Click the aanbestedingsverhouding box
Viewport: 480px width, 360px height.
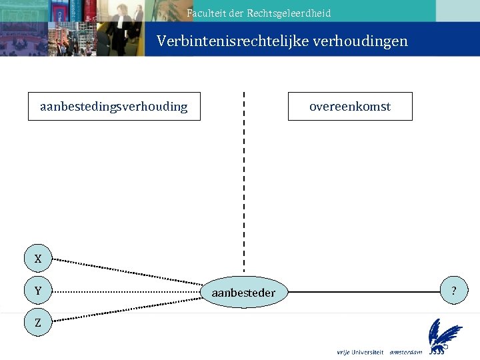point(113,107)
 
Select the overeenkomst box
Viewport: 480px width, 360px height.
point(350,107)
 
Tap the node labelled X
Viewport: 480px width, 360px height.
point(38,259)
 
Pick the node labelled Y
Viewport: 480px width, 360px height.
point(38,291)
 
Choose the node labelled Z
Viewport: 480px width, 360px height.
point(38,323)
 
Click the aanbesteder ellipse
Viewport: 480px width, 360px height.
point(243,292)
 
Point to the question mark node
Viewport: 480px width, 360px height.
point(454,291)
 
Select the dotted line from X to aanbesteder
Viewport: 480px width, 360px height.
point(127,274)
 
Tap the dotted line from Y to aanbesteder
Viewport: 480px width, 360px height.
point(127,291)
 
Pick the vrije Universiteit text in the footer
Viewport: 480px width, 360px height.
point(360,351)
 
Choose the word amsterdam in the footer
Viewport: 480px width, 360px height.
point(406,351)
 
